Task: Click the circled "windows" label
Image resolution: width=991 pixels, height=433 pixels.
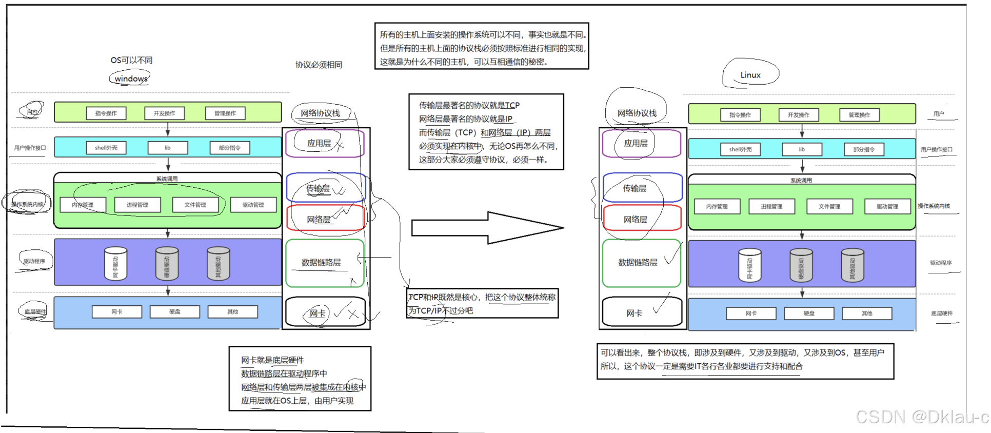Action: [x=131, y=78]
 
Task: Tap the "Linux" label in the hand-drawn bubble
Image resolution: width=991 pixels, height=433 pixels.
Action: [x=750, y=75]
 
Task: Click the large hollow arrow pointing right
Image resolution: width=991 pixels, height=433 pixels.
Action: [x=487, y=227]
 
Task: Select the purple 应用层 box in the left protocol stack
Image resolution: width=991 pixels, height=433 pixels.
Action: [x=325, y=143]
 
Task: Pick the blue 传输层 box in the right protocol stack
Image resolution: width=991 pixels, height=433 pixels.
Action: [x=642, y=188]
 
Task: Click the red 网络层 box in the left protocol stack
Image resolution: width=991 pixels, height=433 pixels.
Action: [x=325, y=219]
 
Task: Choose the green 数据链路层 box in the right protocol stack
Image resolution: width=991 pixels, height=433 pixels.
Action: [x=641, y=263]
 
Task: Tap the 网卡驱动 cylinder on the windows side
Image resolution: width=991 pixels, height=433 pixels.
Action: [x=115, y=264]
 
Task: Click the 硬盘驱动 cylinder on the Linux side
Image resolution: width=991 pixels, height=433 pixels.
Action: [x=801, y=266]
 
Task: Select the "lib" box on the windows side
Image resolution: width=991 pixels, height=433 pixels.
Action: [x=168, y=148]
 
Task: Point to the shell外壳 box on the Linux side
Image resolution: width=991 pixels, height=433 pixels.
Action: [x=740, y=149]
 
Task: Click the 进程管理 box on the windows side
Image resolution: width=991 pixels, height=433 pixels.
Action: [x=137, y=205]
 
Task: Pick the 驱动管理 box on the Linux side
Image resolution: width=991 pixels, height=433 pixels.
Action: [x=887, y=206]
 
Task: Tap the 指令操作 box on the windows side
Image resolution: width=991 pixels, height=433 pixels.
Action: [x=106, y=113]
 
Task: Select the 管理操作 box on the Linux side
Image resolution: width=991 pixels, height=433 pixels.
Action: [x=859, y=115]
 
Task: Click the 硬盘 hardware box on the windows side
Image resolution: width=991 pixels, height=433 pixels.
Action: [x=175, y=312]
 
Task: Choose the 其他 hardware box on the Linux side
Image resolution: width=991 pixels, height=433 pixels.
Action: [x=867, y=313]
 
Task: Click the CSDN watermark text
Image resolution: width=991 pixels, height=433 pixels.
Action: [x=921, y=417]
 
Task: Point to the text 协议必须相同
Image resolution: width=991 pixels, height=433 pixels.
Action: [x=319, y=65]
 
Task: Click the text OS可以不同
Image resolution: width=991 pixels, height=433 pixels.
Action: [x=131, y=60]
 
